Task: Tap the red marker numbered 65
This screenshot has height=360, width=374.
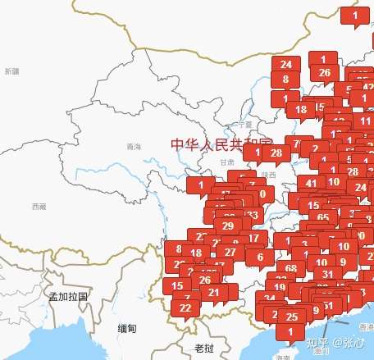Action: (323, 217)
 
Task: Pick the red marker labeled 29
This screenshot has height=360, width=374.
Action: (229, 226)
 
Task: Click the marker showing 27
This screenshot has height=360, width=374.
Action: (230, 252)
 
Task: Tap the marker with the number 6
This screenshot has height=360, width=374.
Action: (260, 257)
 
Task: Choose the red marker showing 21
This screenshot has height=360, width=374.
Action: (214, 292)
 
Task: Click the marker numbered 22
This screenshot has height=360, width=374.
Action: (185, 308)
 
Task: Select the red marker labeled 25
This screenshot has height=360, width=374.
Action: (291, 316)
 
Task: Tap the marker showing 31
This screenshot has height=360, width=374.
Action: (327, 274)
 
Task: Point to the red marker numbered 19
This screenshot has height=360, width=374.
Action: (280, 286)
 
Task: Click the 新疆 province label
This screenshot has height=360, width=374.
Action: (11, 71)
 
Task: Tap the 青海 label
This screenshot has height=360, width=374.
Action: (134, 146)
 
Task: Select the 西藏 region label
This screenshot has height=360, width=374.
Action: (39, 207)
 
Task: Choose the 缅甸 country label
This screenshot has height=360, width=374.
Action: (127, 328)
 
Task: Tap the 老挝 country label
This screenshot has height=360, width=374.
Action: (204, 348)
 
